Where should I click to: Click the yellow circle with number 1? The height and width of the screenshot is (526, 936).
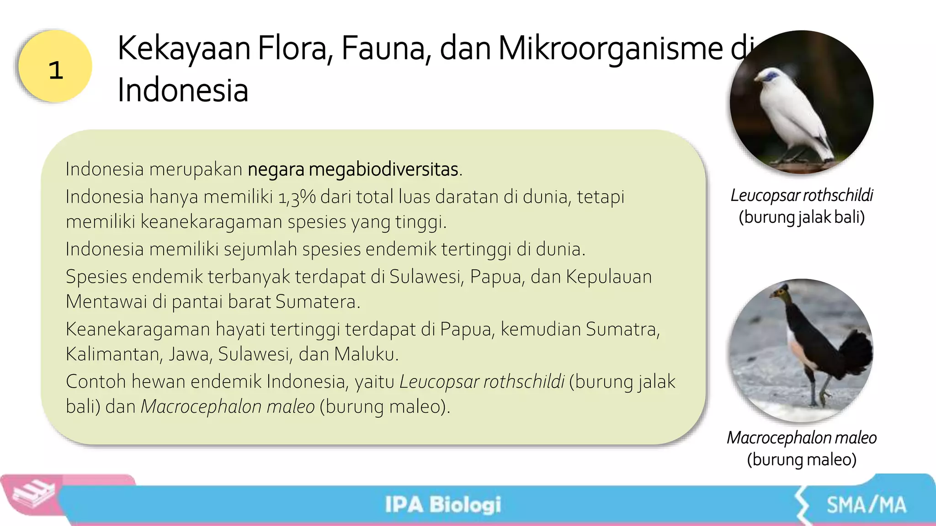coord(55,67)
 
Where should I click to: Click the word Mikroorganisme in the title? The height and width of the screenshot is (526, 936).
coord(611,48)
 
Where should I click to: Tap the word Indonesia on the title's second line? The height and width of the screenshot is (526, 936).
coord(183,90)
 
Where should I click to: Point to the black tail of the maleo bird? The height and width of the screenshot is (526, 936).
coord(855,352)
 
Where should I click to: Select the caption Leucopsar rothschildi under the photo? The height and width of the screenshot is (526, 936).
coord(802,195)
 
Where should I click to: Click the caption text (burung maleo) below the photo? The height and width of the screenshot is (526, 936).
coord(802,459)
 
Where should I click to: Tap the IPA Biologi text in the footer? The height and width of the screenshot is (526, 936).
coord(442,505)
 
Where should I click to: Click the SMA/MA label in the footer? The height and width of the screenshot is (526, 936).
coord(866,505)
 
